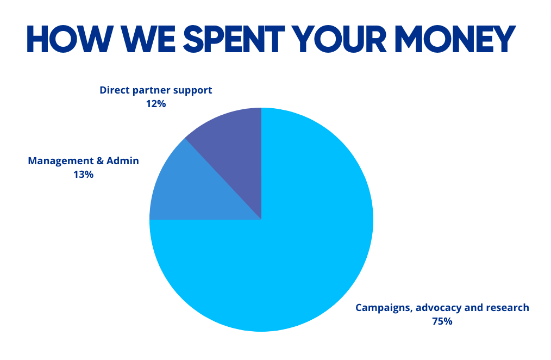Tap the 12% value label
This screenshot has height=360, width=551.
point(155,103)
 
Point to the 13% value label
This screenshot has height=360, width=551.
point(83,175)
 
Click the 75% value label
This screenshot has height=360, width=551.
point(442,321)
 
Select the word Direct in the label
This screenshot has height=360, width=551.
point(114,90)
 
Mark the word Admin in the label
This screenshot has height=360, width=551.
point(124,161)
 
